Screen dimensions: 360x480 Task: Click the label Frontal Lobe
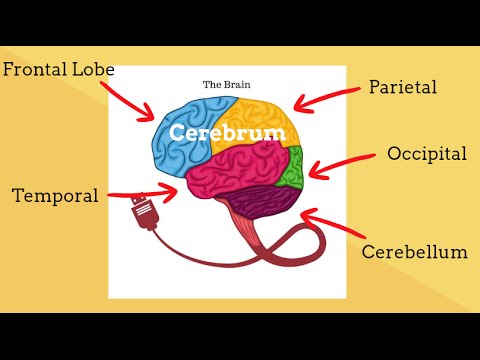tap(59, 71)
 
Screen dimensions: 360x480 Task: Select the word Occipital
tap(427, 154)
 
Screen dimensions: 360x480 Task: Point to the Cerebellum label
tap(414, 251)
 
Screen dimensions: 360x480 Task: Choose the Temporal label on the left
tap(55, 196)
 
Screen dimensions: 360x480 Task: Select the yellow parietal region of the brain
tap(270, 125)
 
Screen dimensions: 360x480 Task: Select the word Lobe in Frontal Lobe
tap(92, 71)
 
